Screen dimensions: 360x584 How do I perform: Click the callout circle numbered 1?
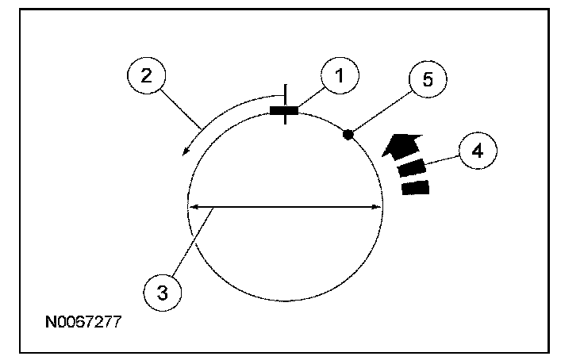tap(340, 76)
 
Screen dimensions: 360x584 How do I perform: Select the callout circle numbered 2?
tap(145, 77)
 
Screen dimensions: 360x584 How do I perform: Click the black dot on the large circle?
tap(348, 135)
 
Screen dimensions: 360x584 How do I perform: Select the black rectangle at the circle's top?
tap(284, 111)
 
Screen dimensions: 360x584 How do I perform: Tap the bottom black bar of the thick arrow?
tap(416, 188)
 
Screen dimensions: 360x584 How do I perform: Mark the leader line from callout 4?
tap(441, 159)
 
